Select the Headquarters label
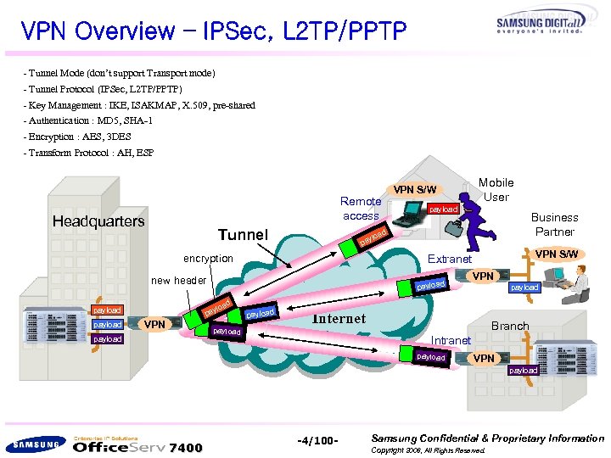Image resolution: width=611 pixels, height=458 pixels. point(99,221)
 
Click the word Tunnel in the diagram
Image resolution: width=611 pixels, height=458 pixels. point(243,234)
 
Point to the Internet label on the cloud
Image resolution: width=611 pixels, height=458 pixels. point(339,319)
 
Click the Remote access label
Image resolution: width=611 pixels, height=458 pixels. point(361,209)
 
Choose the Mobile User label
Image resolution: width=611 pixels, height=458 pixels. point(496,189)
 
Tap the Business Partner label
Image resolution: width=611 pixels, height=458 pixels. point(554,224)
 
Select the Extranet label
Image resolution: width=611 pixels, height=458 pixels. point(450,259)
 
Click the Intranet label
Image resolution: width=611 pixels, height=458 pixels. point(451,340)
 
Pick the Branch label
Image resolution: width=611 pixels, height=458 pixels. point(510,326)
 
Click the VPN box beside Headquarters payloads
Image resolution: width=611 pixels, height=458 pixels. point(154,324)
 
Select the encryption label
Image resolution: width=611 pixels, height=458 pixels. point(209,259)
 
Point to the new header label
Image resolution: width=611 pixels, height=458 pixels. point(178,281)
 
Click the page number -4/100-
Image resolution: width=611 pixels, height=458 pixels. point(318,441)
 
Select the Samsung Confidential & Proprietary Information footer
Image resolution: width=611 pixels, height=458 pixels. point(487,438)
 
